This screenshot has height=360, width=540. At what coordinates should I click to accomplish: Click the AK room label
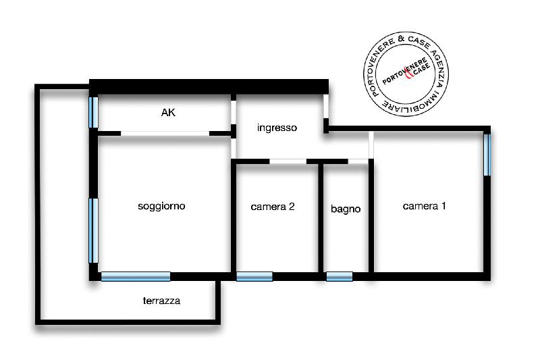point(168,112)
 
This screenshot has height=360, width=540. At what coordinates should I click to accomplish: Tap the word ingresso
point(277,128)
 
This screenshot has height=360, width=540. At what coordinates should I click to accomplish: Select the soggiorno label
point(161,206)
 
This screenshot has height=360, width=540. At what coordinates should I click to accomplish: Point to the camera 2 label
point(273,207)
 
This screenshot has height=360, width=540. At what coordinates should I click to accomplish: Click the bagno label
point(346,209)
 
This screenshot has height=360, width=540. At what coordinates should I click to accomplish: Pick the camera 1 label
point(425,206)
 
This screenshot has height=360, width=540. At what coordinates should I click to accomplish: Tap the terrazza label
point(161,301)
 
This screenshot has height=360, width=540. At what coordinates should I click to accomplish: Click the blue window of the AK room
point(93,112)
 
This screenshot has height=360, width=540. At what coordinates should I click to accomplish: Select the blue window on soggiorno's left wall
point(93,231)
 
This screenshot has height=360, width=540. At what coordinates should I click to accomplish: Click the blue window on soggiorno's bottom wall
point(136,277)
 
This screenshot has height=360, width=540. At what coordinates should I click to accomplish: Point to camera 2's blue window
point(254,277)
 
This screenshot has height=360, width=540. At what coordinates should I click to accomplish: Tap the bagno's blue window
point(340,277)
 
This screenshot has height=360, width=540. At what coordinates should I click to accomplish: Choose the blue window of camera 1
point(487,155)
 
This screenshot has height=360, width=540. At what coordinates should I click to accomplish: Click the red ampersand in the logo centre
point(408,74)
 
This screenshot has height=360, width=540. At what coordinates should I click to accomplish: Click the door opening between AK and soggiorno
point(165,133)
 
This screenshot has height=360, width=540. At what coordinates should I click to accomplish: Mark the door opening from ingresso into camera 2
point(288,161)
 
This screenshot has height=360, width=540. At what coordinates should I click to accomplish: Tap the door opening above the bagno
point(358,161)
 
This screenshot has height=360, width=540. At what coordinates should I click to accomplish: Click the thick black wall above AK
point(209,86)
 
